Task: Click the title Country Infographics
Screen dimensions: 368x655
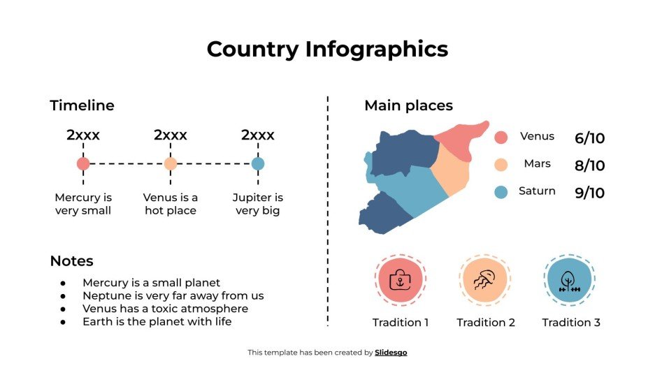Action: (x=327, y=49)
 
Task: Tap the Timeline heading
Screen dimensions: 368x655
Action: (x=82, y=105)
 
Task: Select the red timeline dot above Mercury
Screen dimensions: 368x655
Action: (x=83, y=164)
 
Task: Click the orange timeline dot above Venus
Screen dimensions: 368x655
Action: (x=171, y=164)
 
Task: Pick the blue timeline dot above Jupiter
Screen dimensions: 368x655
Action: (x=258, y=164)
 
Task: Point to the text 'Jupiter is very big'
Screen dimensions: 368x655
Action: (x=258, y=204)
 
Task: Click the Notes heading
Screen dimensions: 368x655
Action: (x=71, y=261)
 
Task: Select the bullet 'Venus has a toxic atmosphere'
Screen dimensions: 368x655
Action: (x=165, y=309)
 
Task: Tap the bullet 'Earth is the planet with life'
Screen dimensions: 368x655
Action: (x=157, y=322)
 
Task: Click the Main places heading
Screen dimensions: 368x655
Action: (x=408, y=105)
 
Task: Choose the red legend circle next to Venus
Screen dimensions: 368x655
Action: (x=501, y=137)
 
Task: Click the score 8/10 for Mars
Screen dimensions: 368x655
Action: (x=589, y=165)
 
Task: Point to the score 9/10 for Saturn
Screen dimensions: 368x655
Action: (x=589, y=193)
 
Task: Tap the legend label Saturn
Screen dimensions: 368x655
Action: (x=537, y=191)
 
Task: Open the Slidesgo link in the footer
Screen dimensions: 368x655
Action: (x=391, y=353)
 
